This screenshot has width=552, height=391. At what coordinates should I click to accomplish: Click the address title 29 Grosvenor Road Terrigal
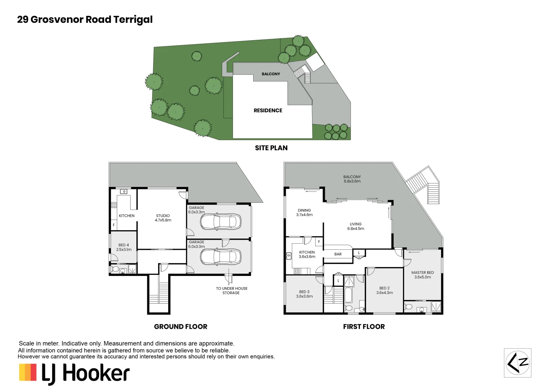tap(85, 20)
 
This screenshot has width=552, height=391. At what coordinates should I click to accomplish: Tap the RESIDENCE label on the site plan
tap(268, 110)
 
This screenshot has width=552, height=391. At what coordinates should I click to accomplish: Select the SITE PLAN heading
tap(271, 148)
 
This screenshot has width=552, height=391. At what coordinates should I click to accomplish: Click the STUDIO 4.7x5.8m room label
tap(163, 218)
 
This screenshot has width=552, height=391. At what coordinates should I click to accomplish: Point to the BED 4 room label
tap(124, 247)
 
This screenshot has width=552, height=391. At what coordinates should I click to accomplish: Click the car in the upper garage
tap(220, 222)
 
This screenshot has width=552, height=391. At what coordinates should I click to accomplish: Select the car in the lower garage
tap(220, 257)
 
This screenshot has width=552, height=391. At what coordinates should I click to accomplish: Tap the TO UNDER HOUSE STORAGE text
tap(232, 291)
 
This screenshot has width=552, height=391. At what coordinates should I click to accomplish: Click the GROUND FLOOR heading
tap(181, 327)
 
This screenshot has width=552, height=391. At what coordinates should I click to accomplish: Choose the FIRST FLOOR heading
tap(364, 327)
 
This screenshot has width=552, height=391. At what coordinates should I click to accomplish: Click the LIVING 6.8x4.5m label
tap(356, 226)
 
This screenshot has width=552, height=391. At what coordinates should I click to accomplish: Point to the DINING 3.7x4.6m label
tap(304, 213)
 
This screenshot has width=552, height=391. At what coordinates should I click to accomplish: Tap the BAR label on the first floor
tap(338, 254)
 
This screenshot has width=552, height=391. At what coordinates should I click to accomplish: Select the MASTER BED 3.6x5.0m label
tap(423, 275)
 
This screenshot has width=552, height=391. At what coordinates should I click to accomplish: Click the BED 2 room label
tap(384, 290)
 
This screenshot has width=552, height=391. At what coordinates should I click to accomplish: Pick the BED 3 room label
tap(304, 294)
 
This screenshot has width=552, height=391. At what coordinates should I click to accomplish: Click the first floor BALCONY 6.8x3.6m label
tap(352, 179)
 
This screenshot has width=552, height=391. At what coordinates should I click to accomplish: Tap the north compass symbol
tap(518, 363)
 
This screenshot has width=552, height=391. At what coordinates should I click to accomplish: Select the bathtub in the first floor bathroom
tap(348, 295)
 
